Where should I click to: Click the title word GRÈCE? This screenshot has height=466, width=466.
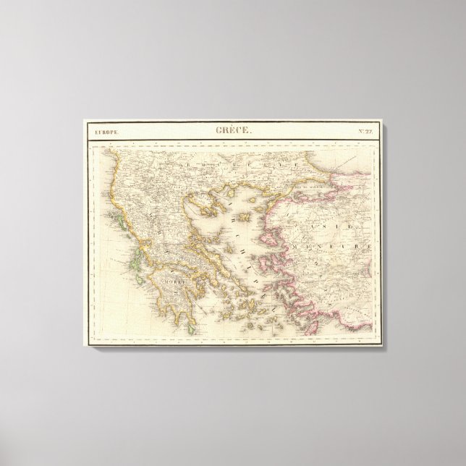coord(233,130)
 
